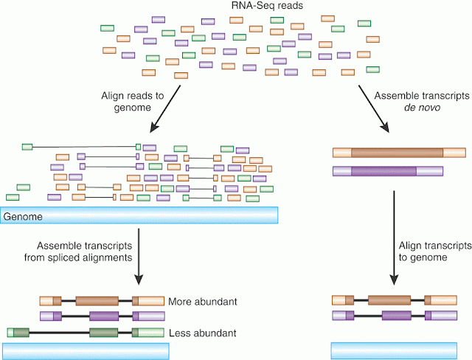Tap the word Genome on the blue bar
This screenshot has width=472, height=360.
(23, 216)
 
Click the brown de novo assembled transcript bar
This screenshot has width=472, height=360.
(398, 153)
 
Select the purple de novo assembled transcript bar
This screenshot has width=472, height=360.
(387, 171)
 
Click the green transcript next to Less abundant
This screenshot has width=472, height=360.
(85, 333)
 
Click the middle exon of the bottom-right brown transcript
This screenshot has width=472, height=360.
(389, 300)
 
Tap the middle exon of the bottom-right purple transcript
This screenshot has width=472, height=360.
(398, 316)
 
